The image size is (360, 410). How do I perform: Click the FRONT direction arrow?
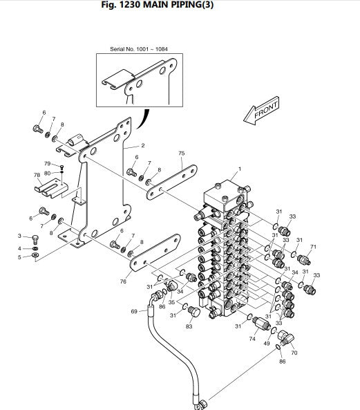(261, 111)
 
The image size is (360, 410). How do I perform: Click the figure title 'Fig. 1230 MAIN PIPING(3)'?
(158, 5)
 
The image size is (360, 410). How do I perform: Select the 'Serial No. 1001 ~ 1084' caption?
(139, 49)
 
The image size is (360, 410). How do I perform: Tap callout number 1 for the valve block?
(240, 169)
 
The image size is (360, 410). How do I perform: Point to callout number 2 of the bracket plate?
(142, 145)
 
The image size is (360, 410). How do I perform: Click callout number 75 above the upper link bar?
(182, 153)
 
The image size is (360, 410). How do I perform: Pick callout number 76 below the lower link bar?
(123, 281)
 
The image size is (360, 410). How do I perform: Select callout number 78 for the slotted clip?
(37, 175)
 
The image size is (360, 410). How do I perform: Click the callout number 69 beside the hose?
(134, 311)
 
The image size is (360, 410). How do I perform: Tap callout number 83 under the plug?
(189, 326)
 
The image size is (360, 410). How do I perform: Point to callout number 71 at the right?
(313, 247)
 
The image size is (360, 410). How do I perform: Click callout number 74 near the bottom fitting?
(252, 339)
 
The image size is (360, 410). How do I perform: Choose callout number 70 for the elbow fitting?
(294, 353)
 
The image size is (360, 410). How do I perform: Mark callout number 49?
(267, 344)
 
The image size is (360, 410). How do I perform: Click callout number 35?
(171, 302)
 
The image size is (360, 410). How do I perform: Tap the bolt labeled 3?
(35, 239)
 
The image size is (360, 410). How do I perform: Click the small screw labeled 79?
(61, 167)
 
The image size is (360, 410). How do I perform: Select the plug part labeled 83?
(194, 311)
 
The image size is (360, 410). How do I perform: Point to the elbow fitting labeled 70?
(285, 337)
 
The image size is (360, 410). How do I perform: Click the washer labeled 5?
(35, 255)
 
